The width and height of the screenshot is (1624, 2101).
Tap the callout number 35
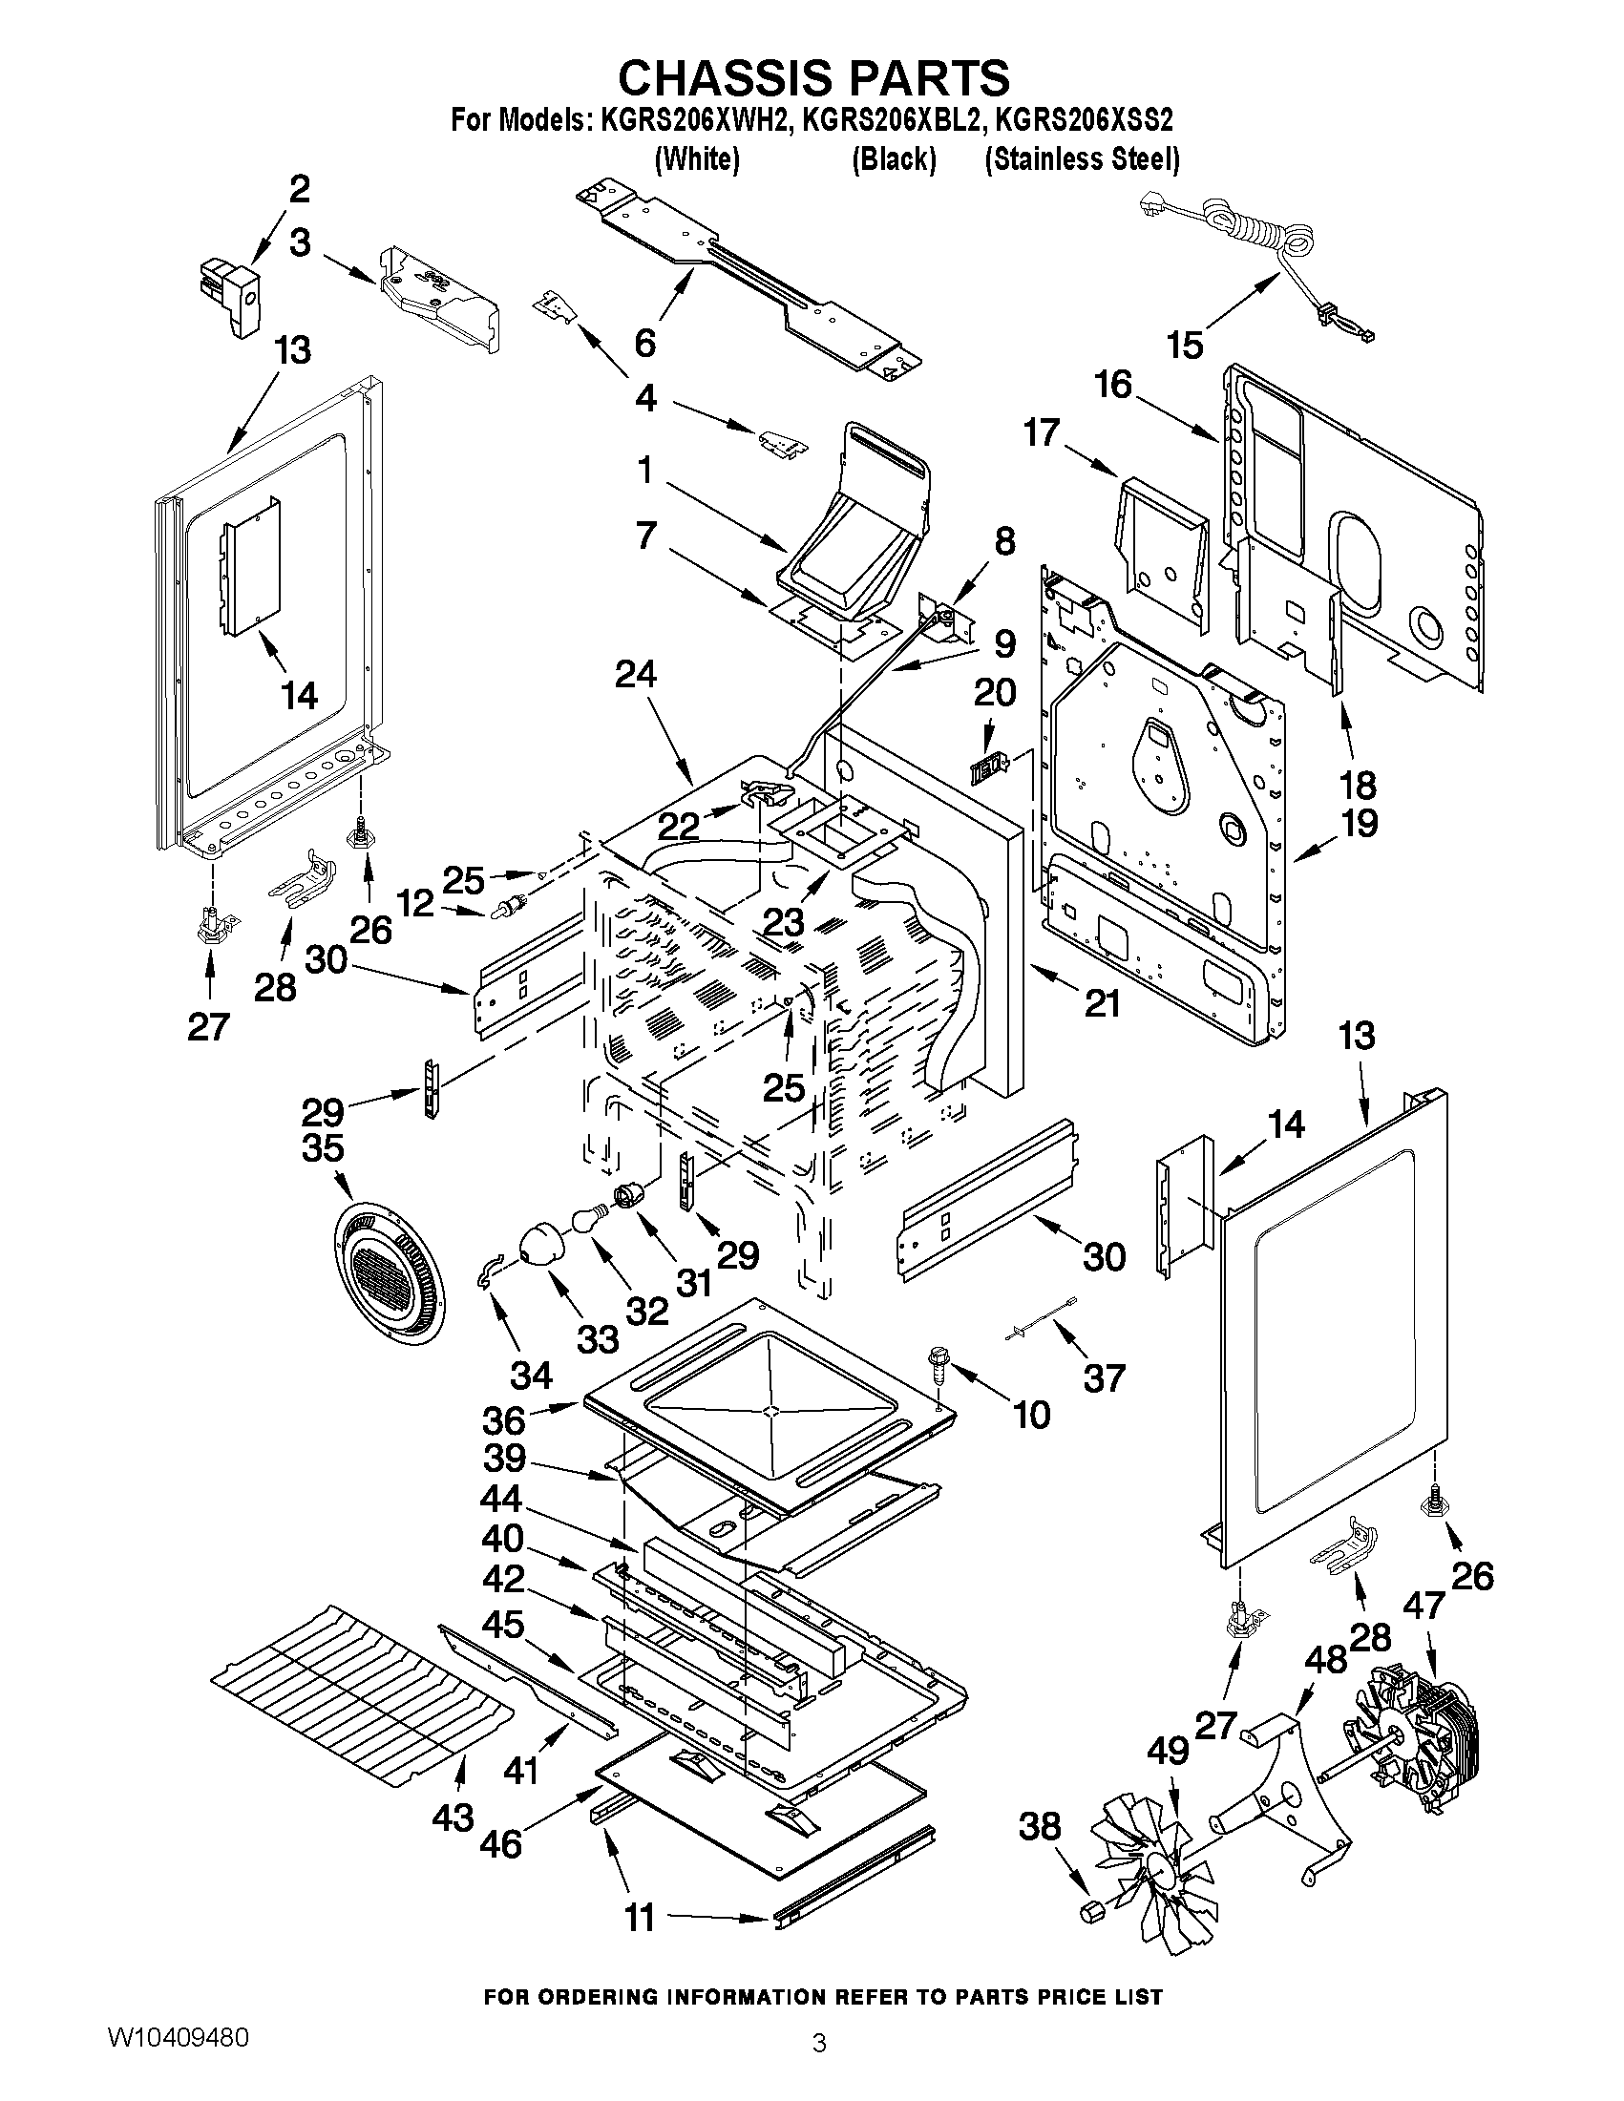tap(324, 1147)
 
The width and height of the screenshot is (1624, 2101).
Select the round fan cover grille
tap(382, 1268)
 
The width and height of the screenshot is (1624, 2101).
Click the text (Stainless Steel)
tap(1083, 158)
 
